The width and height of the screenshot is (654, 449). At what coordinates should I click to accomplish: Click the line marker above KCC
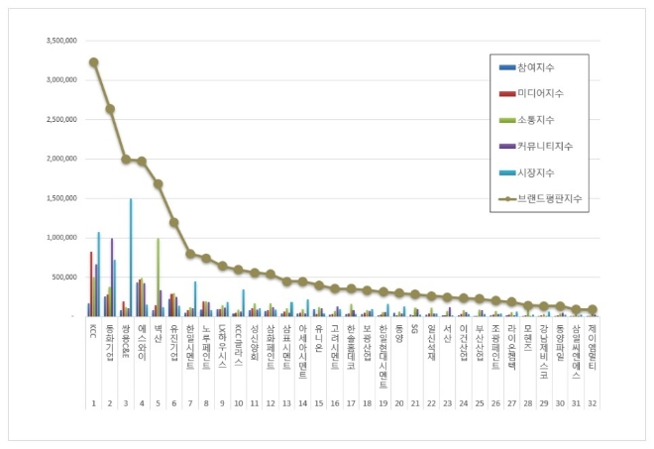(93, 61)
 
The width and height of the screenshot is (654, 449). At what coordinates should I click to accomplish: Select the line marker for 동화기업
(110, 109)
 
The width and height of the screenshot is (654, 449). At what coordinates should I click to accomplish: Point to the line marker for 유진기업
(173, 222)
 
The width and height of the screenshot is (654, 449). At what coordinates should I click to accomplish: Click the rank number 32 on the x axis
(592, 404)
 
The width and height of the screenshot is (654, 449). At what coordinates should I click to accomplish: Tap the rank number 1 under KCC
(93, 404)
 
